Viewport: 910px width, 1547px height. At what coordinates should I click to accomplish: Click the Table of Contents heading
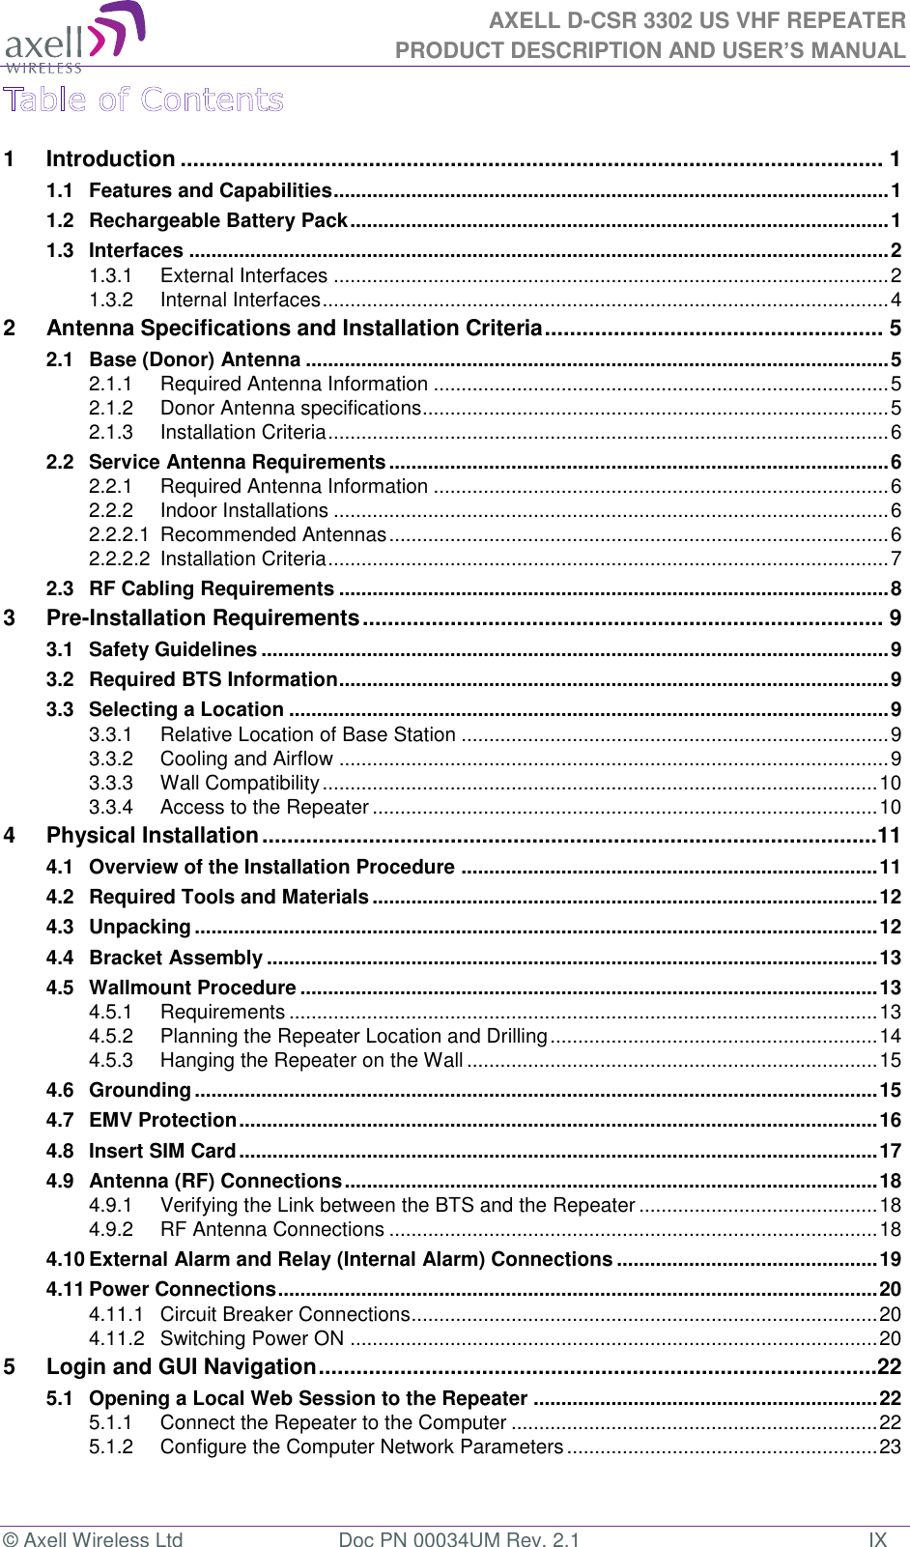click(x=143, y=100)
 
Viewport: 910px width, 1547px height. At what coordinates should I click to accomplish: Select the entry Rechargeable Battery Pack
click(x=217, y=220)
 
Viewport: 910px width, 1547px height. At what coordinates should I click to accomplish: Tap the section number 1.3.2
click(x=111, y=300)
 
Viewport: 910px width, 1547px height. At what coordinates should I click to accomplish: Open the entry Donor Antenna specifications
click(x=290, y=408)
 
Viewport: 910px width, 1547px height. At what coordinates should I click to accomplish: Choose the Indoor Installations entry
click(x=243, y=510)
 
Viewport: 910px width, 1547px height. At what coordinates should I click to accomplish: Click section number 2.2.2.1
click(x=119, y=534)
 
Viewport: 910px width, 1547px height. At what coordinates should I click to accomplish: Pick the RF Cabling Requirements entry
click(x=211, y=588)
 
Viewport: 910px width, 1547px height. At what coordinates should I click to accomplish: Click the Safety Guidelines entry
click(x=172, y=649)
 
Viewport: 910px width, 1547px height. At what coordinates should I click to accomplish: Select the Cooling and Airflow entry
click(x=246, y=759)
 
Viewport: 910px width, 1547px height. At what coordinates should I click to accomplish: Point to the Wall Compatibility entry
click(x=240, y=783)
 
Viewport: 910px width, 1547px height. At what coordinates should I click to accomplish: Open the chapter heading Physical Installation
click(x=152, y=835)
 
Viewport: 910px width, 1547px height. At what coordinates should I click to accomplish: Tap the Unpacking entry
click(x=139, y=927)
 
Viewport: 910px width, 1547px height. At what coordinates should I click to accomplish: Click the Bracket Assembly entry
click(x=175, y=958)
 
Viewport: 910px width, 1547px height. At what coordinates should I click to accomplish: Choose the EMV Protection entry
click(x=162, y=1120)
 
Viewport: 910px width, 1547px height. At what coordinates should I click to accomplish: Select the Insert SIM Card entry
click(x=161, y=1151)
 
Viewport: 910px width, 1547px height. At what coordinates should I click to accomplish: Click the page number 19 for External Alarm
click(x=890, y=1259)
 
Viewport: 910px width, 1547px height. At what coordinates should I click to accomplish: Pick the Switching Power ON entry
click(x=251, y=1338)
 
